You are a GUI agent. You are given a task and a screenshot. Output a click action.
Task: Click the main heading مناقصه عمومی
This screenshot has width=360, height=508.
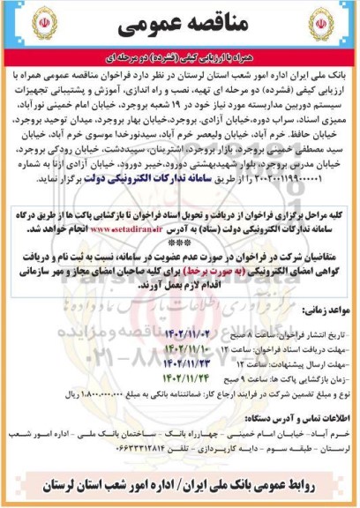click(x=179, y=27)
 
